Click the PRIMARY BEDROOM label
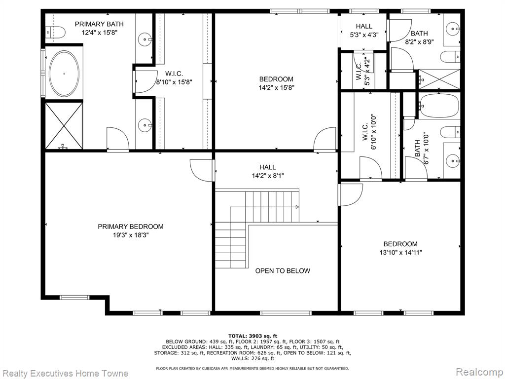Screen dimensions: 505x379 (130, 227)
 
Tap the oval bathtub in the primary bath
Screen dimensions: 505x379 (64, 74)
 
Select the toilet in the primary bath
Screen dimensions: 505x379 (55, 32)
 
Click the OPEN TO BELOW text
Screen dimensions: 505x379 (283, 271)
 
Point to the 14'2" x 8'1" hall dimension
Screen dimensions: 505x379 (268, 176)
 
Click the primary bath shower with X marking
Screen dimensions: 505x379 (64, 126)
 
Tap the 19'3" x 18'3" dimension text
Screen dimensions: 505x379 (130, 235)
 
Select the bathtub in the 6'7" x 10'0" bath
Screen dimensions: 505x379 (438, 106)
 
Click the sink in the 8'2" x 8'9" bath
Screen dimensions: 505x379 (453, 29)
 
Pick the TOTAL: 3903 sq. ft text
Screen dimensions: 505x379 (252, 336)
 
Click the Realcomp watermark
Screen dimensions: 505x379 (479, 372)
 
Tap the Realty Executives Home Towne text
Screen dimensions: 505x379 (65, 374)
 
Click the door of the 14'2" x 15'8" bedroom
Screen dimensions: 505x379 (325, 139)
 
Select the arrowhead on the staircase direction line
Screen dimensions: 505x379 (297, 207)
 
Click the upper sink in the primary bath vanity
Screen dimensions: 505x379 (145, 39)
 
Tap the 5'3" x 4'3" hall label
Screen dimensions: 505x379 (364, 35)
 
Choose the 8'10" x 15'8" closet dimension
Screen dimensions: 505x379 (174, 82)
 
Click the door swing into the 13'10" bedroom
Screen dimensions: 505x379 (351, 194)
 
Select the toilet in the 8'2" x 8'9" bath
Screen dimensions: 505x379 (450, 57)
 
